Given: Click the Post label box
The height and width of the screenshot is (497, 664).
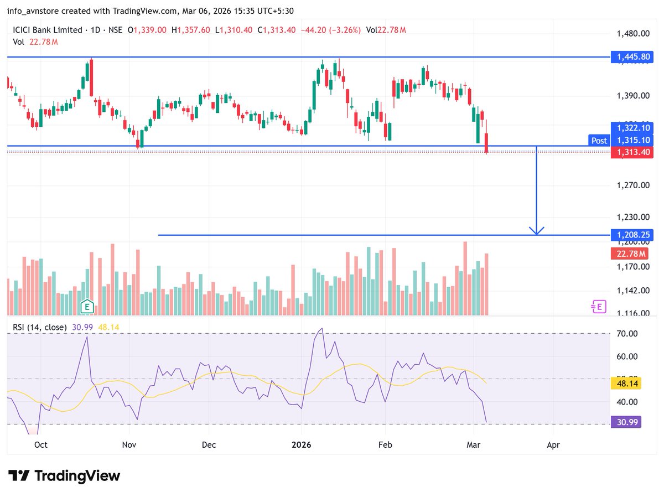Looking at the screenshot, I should tap(599, 141).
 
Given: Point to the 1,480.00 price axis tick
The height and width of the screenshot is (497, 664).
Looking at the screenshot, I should tap(633, 34).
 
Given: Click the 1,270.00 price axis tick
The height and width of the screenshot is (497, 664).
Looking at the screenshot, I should tap(633, 185).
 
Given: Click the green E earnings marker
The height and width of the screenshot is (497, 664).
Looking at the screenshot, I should tap(86, 306).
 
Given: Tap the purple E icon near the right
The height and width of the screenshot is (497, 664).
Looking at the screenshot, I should tap(598, 307).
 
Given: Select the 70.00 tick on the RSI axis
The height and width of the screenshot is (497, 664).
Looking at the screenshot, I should tap(627, 334).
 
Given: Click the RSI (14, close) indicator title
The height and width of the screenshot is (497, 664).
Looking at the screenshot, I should tap(40, 327).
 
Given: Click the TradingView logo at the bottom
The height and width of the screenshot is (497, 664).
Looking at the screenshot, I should tap(64, 475).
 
